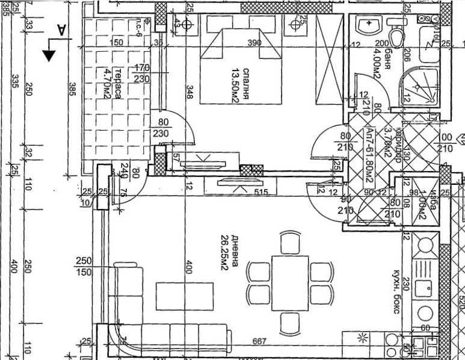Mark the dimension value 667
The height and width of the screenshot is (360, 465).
[x=259, y=342]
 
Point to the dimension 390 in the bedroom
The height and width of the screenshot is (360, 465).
[x=254, y=43]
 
